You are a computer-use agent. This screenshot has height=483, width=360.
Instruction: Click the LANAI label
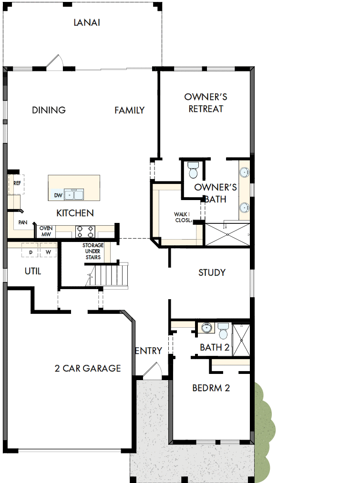tap(86, 22)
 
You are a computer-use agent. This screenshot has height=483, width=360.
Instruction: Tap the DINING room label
tap(49, 110)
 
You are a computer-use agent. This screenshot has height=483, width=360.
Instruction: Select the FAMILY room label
tap(129, 110)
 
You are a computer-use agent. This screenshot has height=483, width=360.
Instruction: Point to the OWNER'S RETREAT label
tap(206, 103)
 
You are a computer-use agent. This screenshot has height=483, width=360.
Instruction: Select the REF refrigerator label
tap(17, 183)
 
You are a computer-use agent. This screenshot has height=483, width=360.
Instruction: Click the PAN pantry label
tap(22, 222)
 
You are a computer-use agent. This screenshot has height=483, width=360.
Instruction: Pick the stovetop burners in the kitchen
tap(85, 231)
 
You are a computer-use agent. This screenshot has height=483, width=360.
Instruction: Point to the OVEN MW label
tap(46, 231)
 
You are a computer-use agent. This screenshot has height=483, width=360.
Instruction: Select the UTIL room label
tap(33, 272)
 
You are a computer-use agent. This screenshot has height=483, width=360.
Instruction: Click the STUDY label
tap(212, 272)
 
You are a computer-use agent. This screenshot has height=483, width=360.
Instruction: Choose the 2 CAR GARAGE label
tap(87, 368)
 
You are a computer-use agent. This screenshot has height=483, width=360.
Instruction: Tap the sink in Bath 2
tap(206, 328)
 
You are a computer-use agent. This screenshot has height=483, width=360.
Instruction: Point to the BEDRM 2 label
tap(211, 388)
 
